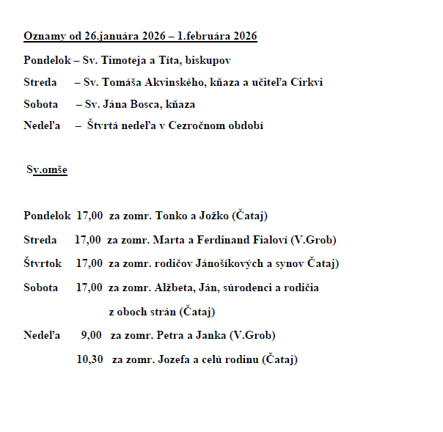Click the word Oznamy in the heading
click(40, 36)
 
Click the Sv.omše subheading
click(47, 170)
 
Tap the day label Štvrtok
click(43, 263)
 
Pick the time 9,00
click(91, 336)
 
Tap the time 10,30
click(89, 359)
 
